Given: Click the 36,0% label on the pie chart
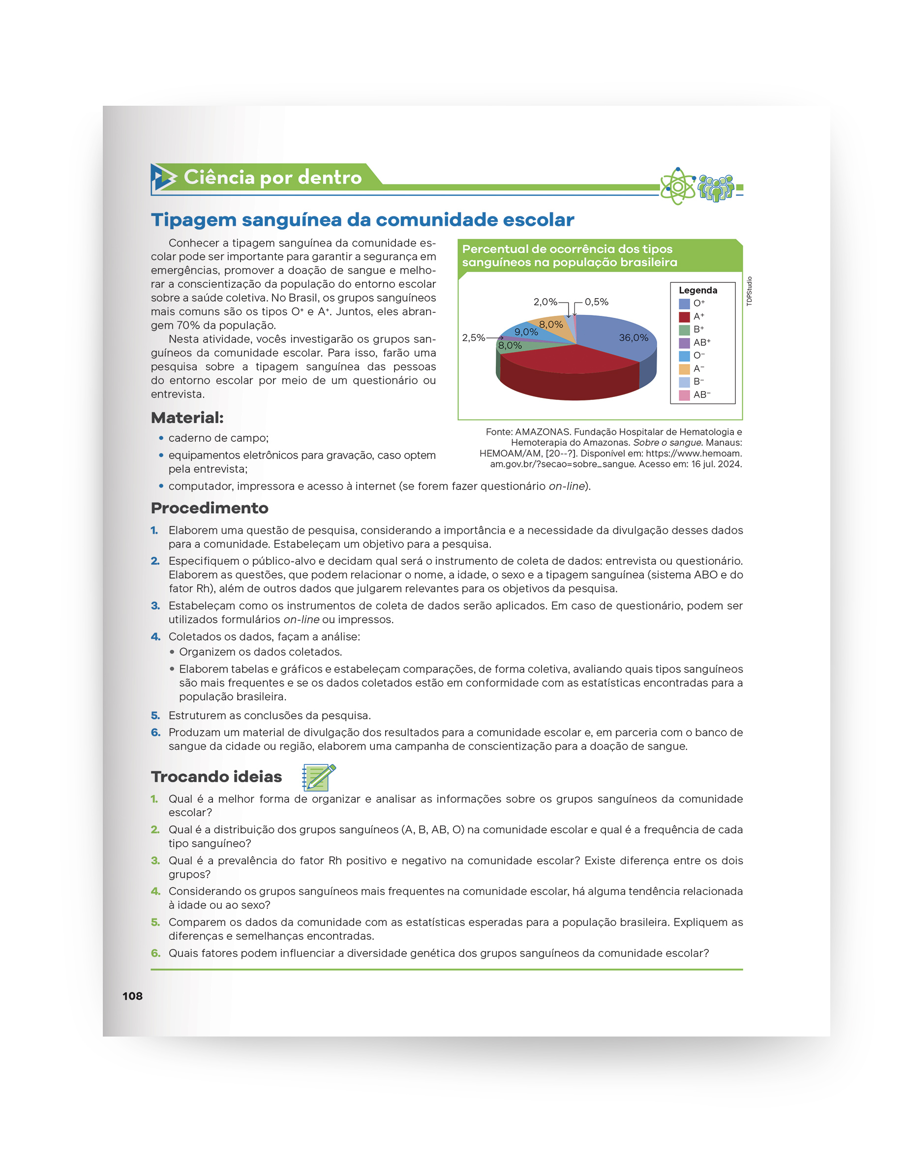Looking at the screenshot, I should (x=633, y=338).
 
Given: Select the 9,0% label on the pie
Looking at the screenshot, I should (x=526, y=332).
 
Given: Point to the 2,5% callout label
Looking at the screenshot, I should (x=473, y=338).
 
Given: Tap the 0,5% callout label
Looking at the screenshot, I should (x=596, y=302).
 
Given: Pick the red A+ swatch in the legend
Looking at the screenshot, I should (x=684, y=316).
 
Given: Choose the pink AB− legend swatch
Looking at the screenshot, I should (x=684, y=395).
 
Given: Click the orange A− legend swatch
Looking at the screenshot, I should (x=684, y=368).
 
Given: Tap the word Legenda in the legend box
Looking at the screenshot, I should (x=697, y=290).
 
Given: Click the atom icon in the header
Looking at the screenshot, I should (x=677, y=186).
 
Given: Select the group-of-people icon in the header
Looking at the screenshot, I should (x=716, y=188).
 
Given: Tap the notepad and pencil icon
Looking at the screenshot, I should (x=318, y=777).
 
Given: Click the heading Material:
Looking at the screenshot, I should (x=187, y=418).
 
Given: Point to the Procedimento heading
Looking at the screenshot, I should (x=209, y=508).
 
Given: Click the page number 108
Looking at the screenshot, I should (x=132, y=996).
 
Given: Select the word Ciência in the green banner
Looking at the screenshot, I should (x=219, y=177).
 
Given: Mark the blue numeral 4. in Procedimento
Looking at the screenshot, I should (x=155, y=637).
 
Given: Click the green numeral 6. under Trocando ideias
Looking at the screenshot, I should (x=155, y=953).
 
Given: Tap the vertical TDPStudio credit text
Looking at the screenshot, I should (x=750, y=291).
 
